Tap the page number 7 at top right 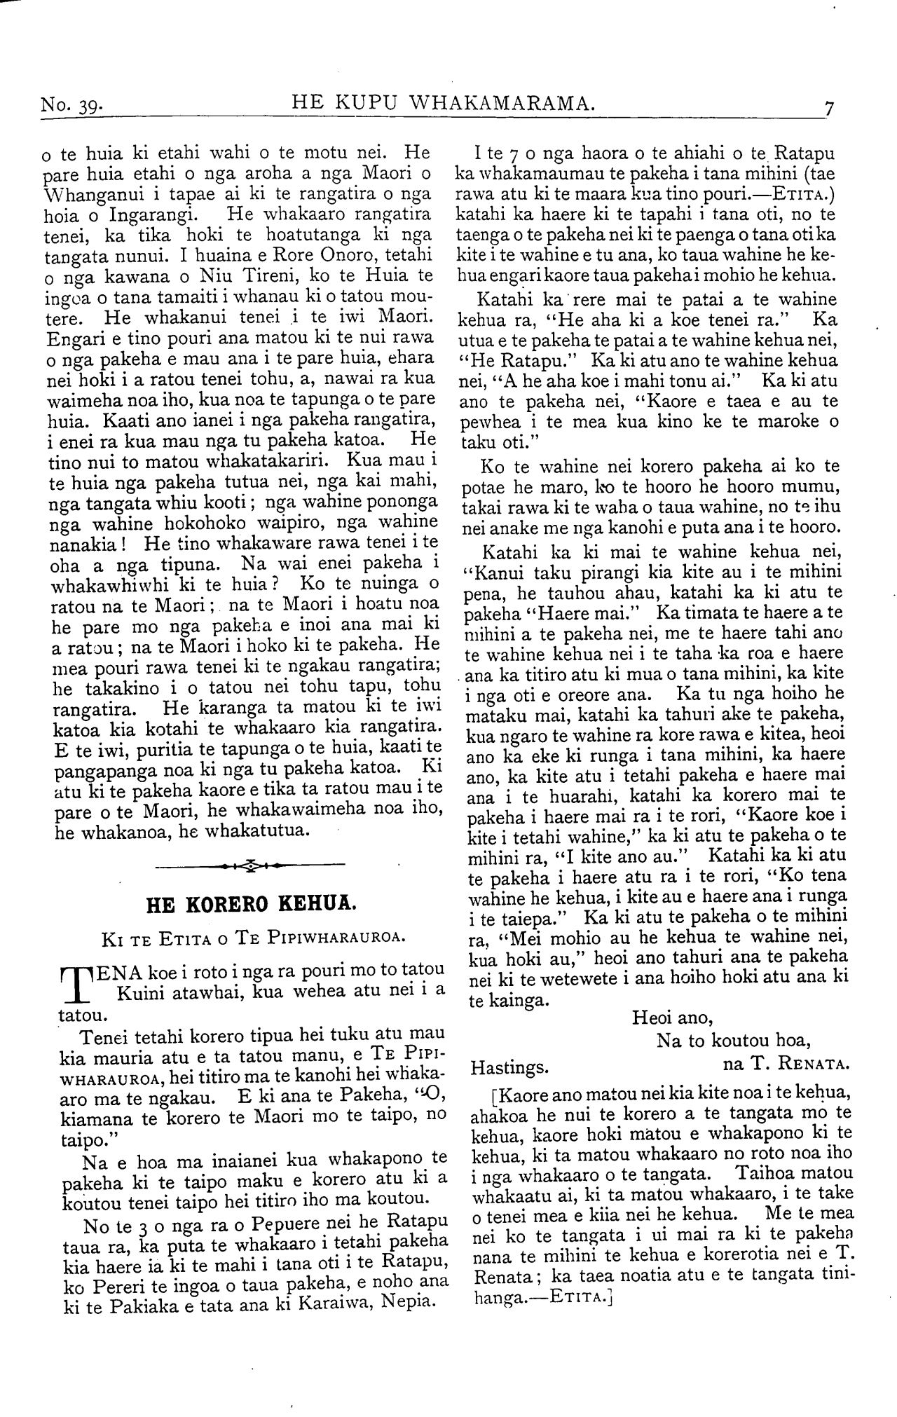point(830,108)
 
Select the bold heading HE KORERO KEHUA point(251,903)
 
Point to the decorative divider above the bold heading point(250,867)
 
